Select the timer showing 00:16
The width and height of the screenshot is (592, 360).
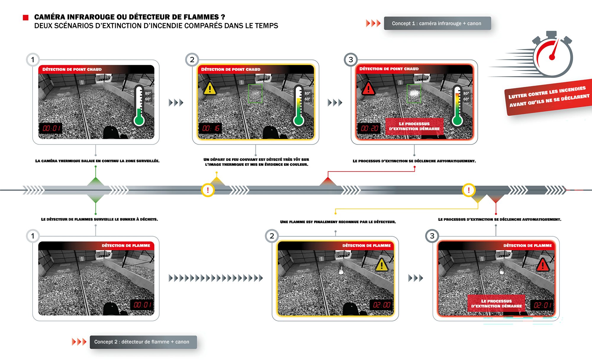click(x=210, y=128)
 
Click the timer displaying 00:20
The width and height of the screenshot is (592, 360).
click(x=369, y=128)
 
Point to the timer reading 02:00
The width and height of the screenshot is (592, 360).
click(x=381, y=305)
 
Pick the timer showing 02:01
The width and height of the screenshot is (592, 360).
click(x=542, y=305)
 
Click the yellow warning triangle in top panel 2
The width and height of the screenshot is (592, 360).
click(x=210, y=88)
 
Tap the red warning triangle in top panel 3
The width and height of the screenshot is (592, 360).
click(x=369, y=88)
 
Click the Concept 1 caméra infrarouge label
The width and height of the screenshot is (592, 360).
click(x=437, y=23)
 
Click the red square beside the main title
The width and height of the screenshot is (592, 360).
click(x=26, y=18)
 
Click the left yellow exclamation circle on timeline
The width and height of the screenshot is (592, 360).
click(x=208, y=190)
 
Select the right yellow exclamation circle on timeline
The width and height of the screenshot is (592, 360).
click(x=469, y=190)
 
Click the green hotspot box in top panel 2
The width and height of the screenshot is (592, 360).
click(x=255, y=93)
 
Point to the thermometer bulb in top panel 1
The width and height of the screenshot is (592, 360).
click(x=139, y=120)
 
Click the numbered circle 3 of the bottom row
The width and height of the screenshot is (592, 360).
click(x=432, y=236)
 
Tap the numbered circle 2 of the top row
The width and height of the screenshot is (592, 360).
click(x=192, y=60)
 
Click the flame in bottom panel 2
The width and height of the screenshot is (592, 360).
click(x=341, y=269)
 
